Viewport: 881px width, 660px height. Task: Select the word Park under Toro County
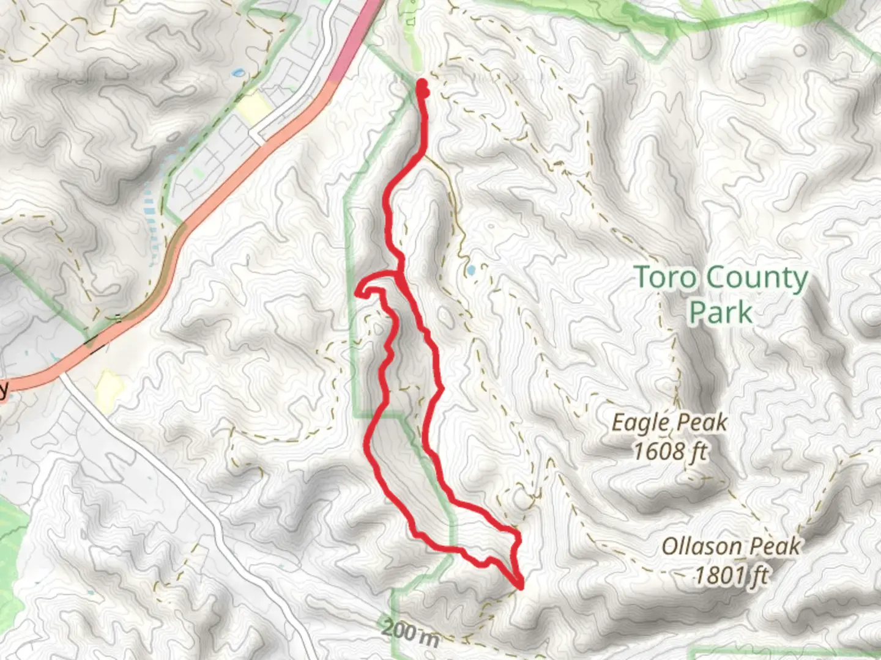pos(720,312)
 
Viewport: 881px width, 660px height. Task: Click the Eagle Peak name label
pos(670,422)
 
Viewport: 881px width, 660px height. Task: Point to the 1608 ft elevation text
pos(670,452)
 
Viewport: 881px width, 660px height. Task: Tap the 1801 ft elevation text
pos(731,575)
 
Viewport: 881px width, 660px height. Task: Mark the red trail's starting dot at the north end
pos(422,83)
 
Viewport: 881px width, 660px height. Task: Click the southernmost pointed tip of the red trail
pos(521,587)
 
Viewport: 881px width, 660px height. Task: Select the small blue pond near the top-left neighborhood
pos(237,73)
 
